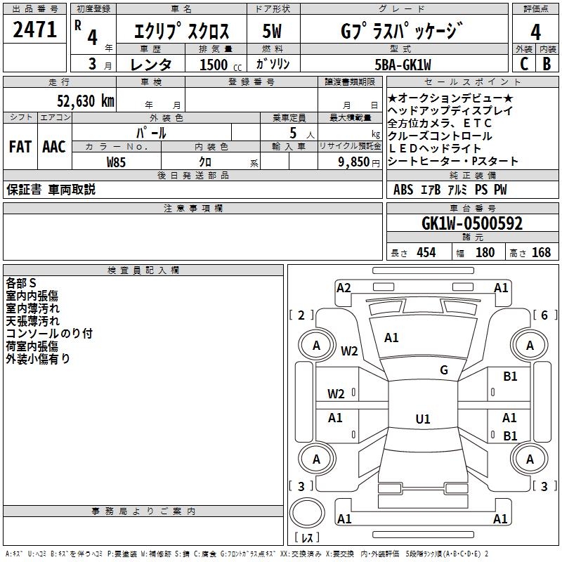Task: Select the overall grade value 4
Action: pos(536,32)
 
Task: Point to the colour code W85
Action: pos(116,162)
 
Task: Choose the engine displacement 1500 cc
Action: pos(215,65)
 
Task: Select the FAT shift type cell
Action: pos(20,147)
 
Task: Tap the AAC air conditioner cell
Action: pos(54,147)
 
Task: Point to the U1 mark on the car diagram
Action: pos(422,419)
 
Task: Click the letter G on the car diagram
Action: pos(444,370)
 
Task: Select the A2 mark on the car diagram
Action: pos(344,287)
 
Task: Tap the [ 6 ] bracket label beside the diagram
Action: pos(544,315)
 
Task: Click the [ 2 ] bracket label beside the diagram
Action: pos(301,315)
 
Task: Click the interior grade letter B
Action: pos(547,63)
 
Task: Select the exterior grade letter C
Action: pos(524,63)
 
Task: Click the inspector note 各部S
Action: pos(21,283)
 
